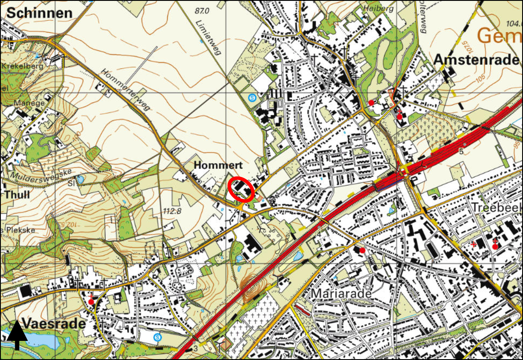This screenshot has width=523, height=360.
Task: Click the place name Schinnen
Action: coord(39,13)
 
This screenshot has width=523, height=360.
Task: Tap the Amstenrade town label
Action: coord(476,60)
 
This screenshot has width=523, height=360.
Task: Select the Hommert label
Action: coord(211,165)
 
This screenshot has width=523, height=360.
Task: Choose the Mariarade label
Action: coord(341,294)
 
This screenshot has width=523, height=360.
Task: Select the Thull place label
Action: coord(17,194)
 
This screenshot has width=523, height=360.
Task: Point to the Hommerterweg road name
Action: coord(126,90)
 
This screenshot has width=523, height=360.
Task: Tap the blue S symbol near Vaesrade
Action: coord(157,337)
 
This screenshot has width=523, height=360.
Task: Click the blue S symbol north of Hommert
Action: coord(252,98)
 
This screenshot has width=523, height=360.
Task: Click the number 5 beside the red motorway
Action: coord(461,151)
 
